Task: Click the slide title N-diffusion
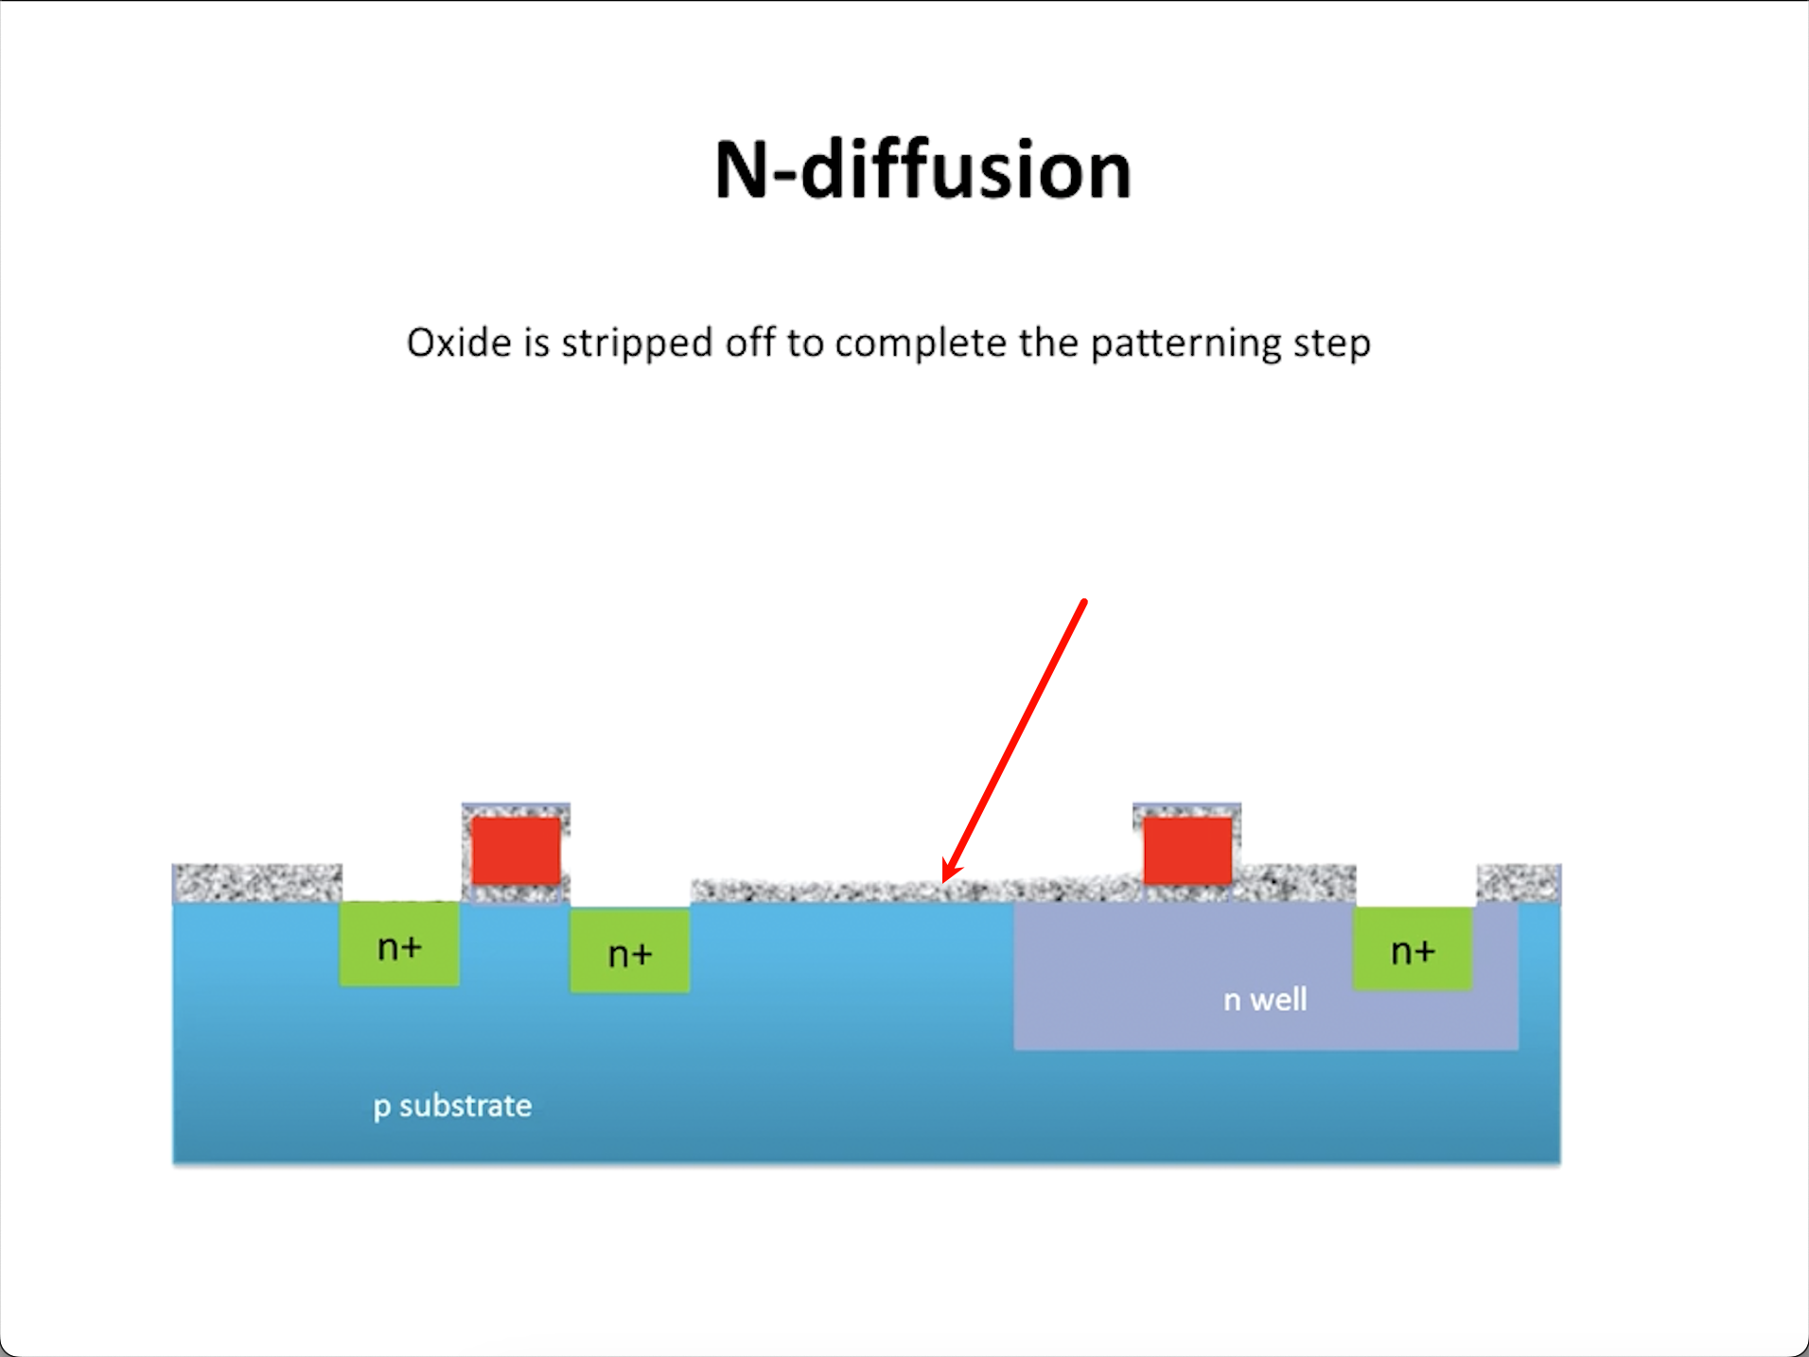pyautogui.click(x=922, y=170)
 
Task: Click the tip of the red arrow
pyautogui.click(x=945, y=879)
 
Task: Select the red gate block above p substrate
pyautogui.click(x=516, y=851)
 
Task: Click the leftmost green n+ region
pyautogui.click(x=399, y=944)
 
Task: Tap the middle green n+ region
pyautogui.click(x=629, y=951)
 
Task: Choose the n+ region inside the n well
pyautogui.click(x=1413, y=949)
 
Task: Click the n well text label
pyautogui.click(x=1265, y=999)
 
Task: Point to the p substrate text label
pyautogui.click(x=452, y=1105)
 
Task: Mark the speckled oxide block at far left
pyautogui.click(x=256, y=883)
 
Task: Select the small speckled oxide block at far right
pyautogui.click(x=1519, y=883)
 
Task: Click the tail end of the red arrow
pyautogui.click(x=1083, y=602)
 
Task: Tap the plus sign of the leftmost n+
pyautogui.click(x=411, y=946)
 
